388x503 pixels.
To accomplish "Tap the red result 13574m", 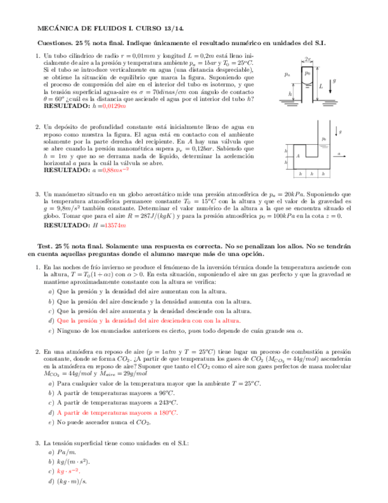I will tap(116, 225).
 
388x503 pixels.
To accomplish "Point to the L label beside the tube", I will tap(320, 87).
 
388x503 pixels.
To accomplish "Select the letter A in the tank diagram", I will tap(298, 156).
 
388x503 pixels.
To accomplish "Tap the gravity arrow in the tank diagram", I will tap(336, 132).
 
